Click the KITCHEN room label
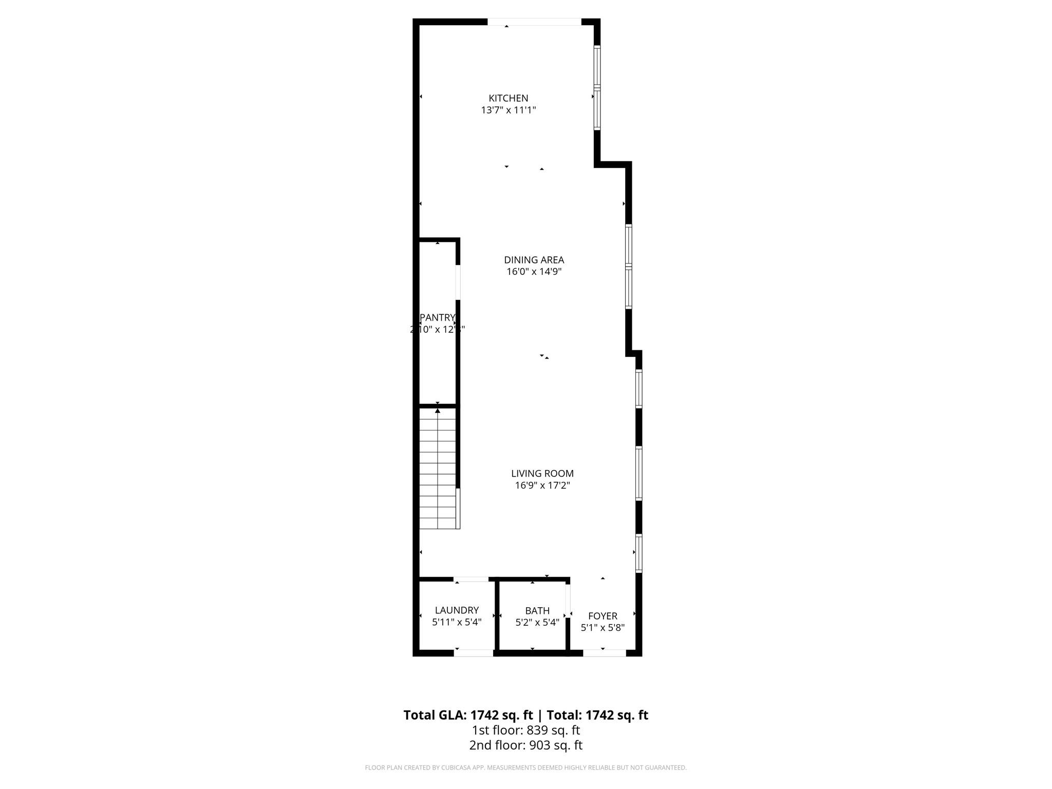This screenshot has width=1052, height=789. [508, 98]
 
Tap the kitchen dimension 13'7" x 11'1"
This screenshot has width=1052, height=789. [508, 110]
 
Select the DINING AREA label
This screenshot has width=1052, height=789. [534, 260]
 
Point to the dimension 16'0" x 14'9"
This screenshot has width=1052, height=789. [534, 272]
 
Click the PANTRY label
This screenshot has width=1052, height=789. [437, 317]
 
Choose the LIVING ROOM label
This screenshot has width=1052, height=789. [542, 474]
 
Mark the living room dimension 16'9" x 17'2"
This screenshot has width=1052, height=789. [542, 485]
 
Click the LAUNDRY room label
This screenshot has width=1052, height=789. [457, 610]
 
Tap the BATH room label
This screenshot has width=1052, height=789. [537, 611]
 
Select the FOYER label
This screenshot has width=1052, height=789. [603, 616]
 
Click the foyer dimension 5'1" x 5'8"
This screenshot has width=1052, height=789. [603, 628]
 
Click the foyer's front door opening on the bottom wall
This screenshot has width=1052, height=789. [604, 653]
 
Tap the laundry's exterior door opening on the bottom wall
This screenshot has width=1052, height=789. [474, 653]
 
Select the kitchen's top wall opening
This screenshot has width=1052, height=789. [534, 22]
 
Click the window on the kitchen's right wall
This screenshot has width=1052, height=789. [597, 87]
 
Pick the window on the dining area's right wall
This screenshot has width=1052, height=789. [628, 267]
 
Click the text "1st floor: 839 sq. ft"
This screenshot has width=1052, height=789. [525, 730]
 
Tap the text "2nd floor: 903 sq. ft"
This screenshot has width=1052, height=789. [525, 745]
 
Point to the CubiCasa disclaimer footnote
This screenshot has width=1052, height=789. [525, 768]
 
